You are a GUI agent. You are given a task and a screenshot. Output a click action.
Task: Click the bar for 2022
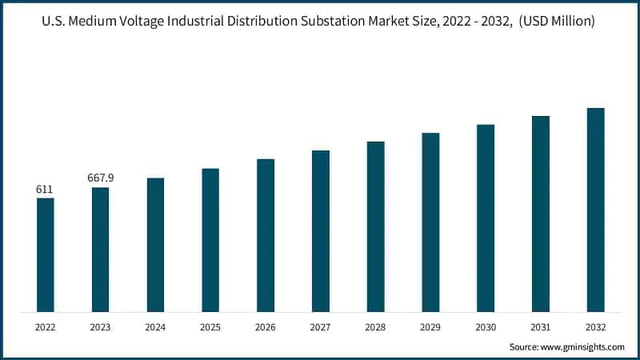point(45,254)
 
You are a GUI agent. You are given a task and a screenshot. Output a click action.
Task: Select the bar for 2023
point(100,250)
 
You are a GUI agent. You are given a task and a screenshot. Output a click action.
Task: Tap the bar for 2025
point(210,240)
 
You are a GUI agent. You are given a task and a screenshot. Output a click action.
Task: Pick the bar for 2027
point(321,230)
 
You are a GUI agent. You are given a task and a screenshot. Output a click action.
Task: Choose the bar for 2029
point(430,222)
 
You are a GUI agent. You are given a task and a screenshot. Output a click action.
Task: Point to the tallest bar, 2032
point(595,210)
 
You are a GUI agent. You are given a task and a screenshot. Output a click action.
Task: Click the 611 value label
point(45,190)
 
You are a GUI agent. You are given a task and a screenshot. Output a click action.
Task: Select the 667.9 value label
point(100,178)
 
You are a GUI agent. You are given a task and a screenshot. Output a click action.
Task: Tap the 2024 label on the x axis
point(155,328)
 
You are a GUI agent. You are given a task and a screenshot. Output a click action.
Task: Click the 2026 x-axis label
point(266,328)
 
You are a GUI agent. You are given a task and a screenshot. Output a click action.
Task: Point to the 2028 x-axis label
point(375,328)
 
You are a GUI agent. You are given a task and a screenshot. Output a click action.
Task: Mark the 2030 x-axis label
point(486,328)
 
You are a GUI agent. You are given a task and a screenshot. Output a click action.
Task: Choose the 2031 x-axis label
point(541,328)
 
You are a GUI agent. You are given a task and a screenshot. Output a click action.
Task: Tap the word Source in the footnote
point(525,347)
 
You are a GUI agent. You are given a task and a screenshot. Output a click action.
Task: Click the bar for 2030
point(486,218)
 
